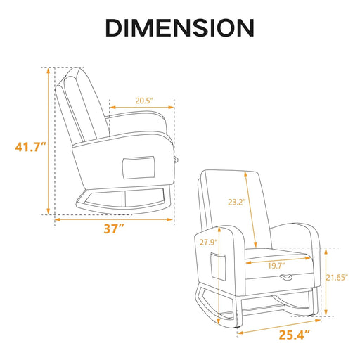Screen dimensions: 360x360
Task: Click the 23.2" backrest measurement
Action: [236, 200]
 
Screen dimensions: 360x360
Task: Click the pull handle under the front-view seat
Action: [286, 279]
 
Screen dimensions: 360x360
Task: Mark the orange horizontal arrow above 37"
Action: [113, 219]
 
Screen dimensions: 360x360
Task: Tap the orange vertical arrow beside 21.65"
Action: [326, 281]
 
